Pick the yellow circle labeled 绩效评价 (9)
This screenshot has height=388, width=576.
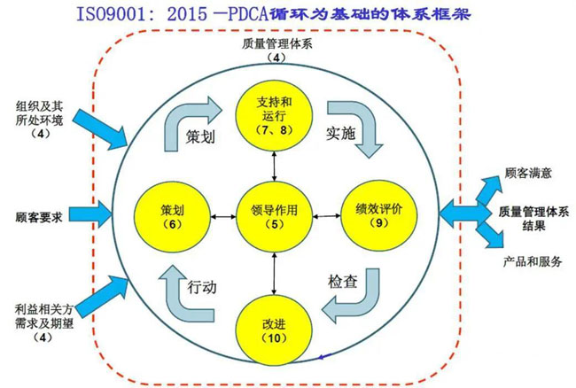point(378,215)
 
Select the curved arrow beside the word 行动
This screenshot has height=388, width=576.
point(177,297)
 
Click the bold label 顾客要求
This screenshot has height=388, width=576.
point(39,215)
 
